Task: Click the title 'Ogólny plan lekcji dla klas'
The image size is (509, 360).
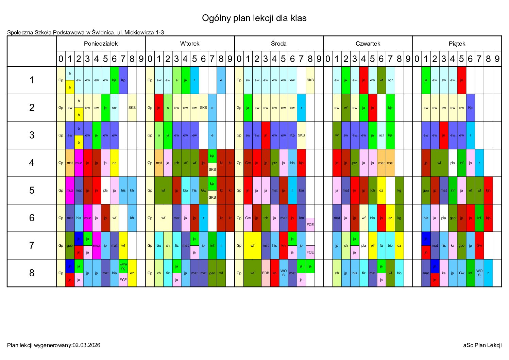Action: pos(254,18)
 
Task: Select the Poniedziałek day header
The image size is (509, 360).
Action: pos(101,44)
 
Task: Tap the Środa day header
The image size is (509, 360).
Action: pos(279,44)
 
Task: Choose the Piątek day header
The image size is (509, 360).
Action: pos(457,44)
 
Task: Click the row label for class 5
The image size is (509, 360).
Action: pos(32,190)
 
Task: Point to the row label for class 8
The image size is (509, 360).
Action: pos(32,273)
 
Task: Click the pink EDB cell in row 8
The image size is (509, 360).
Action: pos(266,273)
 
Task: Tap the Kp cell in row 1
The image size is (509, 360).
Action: pos(123,80)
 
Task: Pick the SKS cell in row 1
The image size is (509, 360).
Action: pos(310,80)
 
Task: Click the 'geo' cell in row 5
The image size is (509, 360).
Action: pos(426,191)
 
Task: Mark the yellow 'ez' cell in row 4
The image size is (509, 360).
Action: pos(114,163)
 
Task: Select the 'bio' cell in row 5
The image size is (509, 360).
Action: pos(185,191)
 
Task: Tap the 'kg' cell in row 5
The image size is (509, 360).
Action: pos(399,191)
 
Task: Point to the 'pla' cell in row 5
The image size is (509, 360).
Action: pos(105,191)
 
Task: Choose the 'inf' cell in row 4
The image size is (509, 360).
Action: pos(461,163)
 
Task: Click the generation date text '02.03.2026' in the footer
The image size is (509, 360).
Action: pos(86,345)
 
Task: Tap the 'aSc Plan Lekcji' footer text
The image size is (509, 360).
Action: pos(482,345)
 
